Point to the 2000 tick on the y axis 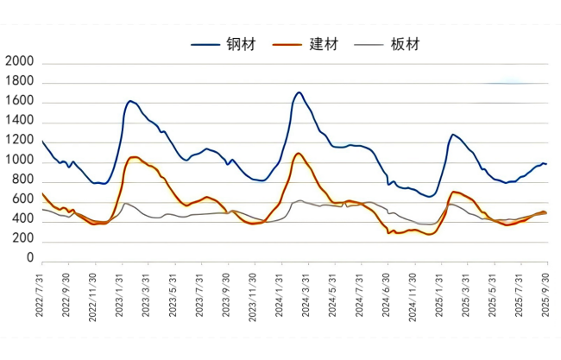coord(19,63)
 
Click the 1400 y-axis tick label coord(19,122)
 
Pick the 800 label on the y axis coord(22,180)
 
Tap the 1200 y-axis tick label coord(19,142)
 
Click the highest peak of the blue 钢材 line coord(299,92)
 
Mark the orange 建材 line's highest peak coord(299,153)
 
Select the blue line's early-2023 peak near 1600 coord(130,101)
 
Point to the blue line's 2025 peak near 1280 coord(453,135)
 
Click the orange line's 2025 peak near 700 coord(454,192)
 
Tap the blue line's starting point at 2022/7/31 coord(41,141)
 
